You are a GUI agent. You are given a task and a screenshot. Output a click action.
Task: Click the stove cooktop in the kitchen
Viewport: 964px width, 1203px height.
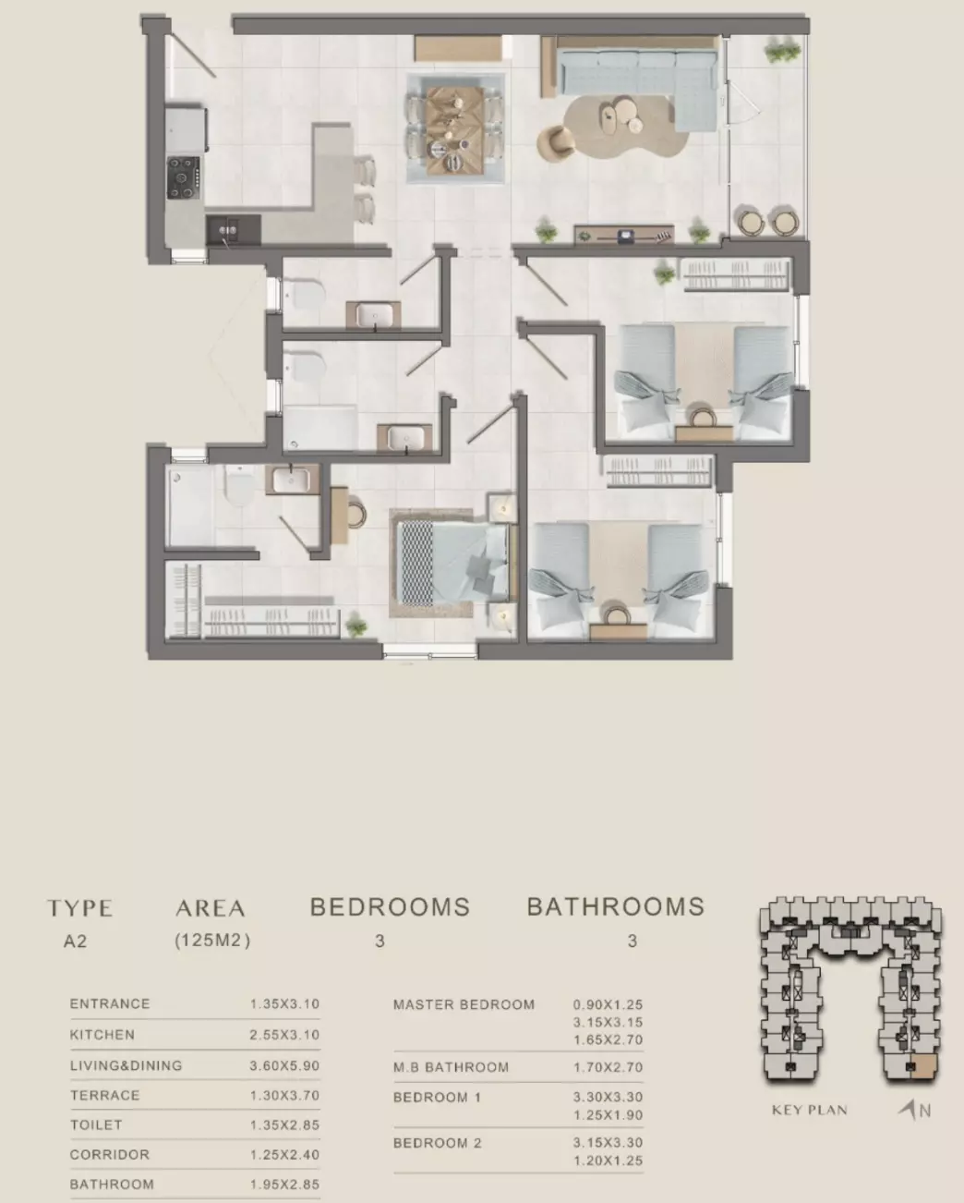click(183, 177)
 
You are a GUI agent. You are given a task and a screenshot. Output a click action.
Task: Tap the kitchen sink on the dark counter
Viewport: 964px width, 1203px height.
click(229, 230)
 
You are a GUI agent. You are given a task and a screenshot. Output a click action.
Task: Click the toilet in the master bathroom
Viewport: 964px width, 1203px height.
click(239, 485)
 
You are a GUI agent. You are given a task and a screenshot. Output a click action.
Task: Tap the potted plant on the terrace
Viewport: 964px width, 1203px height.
click(782, 50)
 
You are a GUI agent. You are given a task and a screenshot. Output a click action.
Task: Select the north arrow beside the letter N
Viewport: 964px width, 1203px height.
click(908, 1109)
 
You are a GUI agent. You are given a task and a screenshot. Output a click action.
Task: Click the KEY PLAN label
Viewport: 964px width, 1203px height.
click(810, 1110)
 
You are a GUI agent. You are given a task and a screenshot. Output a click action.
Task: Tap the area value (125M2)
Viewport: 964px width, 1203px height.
click(212, 941)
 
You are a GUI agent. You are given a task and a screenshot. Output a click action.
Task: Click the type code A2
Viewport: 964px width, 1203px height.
click(75, 942)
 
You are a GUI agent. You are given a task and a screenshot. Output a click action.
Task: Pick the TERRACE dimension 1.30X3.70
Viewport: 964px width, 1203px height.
click(284, 1095)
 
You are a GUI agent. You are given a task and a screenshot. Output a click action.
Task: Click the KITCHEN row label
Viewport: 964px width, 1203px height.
click(102, 1035)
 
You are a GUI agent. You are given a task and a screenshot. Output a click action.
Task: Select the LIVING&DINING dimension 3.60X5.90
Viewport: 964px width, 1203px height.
click(284, 1065)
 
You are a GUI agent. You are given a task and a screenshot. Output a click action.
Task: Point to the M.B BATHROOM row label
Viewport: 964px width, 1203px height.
click(451, 1067)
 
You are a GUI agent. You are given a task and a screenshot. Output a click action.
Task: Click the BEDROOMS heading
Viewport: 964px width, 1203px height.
click(390, 906)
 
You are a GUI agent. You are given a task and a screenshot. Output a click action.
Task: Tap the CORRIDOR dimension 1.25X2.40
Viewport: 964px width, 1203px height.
click(284, 1154)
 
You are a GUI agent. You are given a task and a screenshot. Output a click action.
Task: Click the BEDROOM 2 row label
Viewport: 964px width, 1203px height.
click(437, 1143)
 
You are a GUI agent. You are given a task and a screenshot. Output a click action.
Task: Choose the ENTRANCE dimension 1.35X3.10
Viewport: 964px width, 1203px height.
click(284, 1004)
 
